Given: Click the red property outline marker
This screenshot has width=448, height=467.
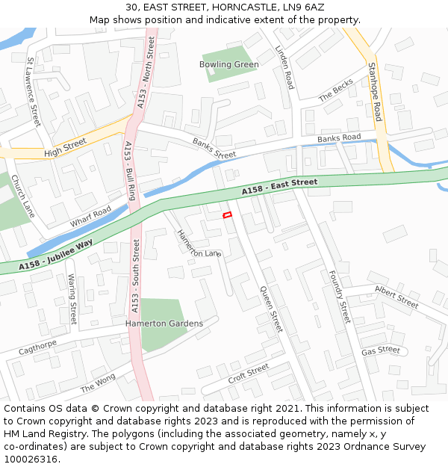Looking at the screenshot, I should coord(228,215).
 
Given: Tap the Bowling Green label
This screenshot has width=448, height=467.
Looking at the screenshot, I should coord(228,64).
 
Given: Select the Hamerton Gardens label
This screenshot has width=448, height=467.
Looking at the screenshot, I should coord(164,324).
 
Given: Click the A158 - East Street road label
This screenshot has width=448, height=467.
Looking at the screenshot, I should coord(280,187).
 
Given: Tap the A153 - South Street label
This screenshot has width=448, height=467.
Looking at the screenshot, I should coord(135,276).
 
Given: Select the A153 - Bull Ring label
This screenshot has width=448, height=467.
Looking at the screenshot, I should coord(130,171).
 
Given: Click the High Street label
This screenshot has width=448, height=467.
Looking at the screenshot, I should coord(65,146).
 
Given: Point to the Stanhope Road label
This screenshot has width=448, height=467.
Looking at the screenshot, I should coord(375,91).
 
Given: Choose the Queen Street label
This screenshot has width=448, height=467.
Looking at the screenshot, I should coord(272,309).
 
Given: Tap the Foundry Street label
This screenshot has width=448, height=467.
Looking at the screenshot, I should coord(340,297).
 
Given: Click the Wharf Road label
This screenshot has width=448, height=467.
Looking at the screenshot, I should coord(90,217).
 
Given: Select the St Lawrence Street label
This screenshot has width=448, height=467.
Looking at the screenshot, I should coord(33,91).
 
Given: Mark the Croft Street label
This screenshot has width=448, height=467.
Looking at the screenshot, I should coord(248,371).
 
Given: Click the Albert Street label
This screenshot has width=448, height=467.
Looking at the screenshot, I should coord(396,296).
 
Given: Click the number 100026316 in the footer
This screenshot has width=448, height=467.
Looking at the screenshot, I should coord(31,460).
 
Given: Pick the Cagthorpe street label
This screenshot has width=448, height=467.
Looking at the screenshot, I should coord(37,347).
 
